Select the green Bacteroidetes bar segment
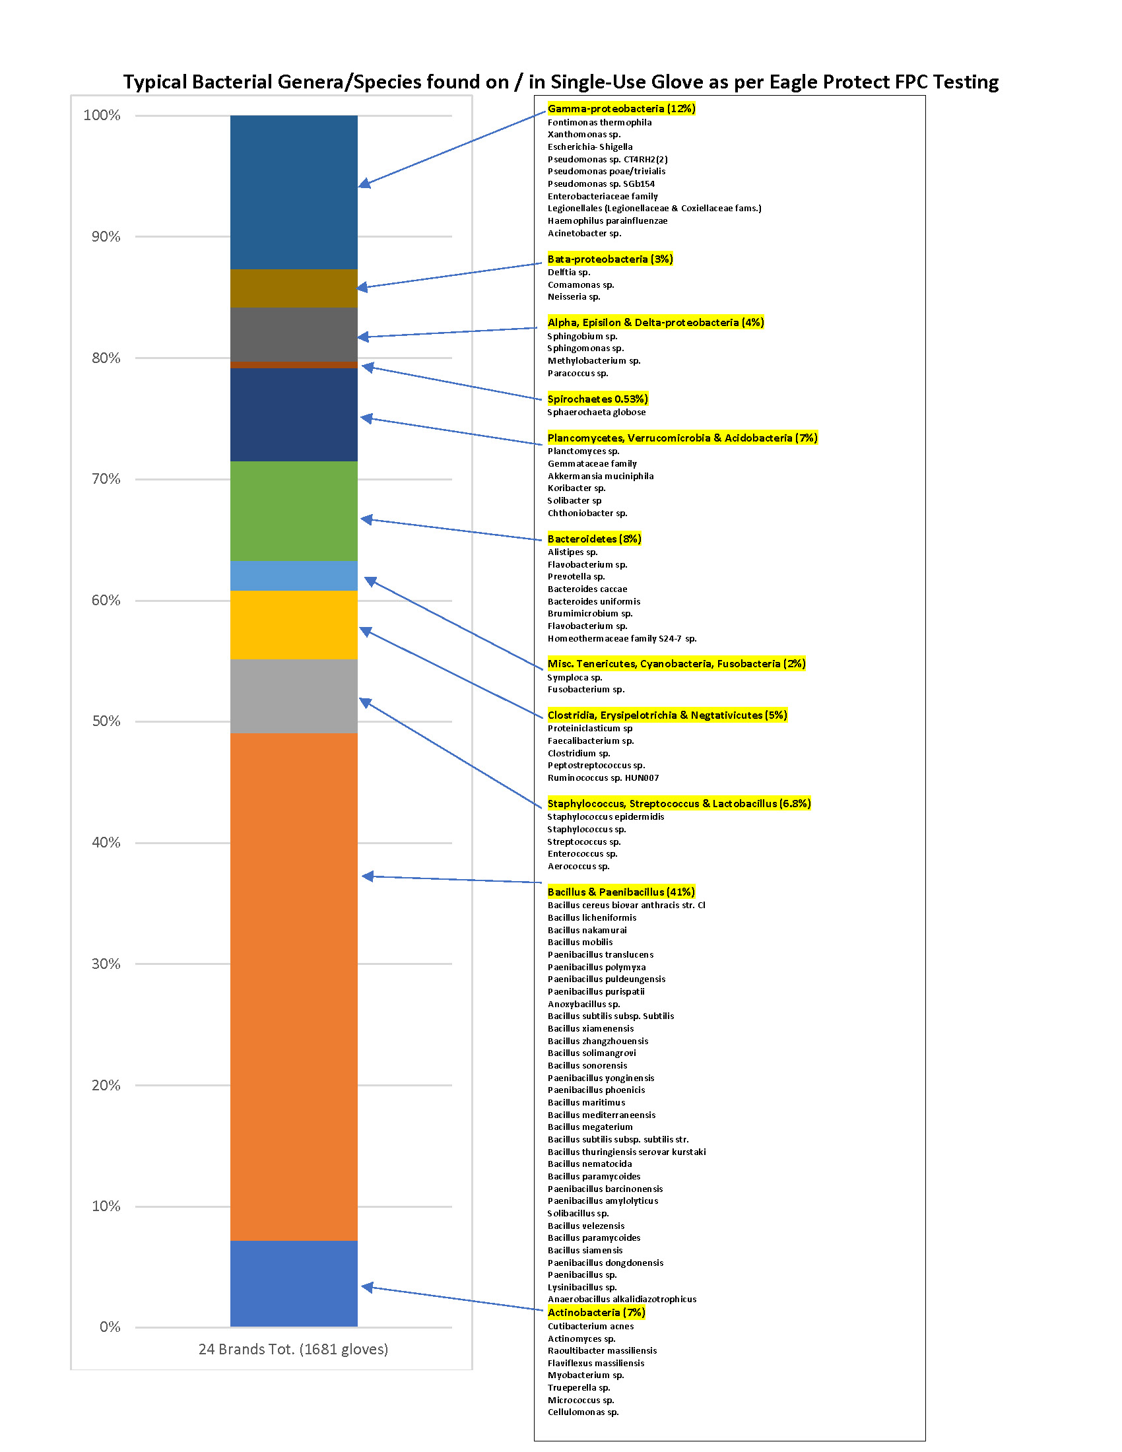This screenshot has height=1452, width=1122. coord(293,511)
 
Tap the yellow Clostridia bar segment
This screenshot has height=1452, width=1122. coord(293,624)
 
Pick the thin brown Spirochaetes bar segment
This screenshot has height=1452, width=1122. coord(293,364)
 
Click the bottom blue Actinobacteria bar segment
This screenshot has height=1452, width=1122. coord(293,1283)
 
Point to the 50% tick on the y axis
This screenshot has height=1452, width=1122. coord(106,721)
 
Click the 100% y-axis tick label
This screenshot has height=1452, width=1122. coord(102,115)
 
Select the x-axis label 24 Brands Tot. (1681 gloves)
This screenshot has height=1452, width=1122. coord(293,1349)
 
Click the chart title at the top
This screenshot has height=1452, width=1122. coord(560,82)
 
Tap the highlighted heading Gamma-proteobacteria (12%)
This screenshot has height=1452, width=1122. coord(621,108)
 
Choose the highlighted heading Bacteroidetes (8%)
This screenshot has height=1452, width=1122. coord(594,539)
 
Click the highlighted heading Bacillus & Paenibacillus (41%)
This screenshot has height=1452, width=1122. coord(621,892)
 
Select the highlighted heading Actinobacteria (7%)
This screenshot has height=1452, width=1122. coord(596,1312)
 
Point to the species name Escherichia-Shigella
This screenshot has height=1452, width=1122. coord(589,147)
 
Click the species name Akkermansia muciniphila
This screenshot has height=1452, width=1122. coord(600,476)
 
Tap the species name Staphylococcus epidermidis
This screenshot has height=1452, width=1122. coord(605,816)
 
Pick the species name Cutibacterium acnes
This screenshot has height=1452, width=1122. coord(590,1327)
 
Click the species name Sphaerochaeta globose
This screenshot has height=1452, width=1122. coord(596,412)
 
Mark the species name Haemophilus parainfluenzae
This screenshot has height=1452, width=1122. coord(607,220)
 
